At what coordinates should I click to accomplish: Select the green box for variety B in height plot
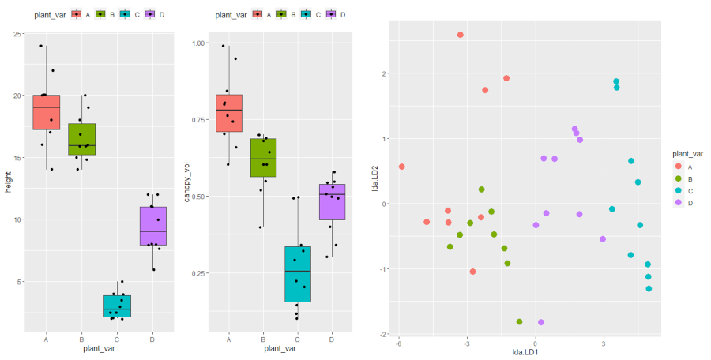81,139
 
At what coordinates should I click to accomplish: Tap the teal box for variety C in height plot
117,306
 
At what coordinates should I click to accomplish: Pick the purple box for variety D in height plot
152,226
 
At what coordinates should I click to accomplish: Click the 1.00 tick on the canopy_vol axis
197,43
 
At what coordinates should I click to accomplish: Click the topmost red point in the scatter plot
461,35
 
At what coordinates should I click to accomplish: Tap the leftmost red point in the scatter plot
402,167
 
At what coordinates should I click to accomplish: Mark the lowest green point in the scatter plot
519,321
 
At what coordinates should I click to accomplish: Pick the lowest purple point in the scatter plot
541,322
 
